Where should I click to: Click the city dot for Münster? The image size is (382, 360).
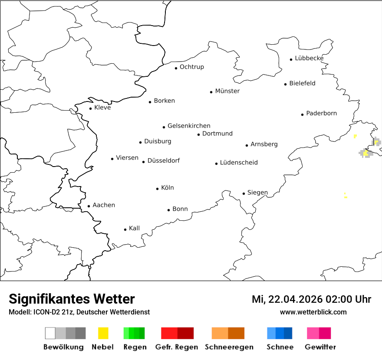coord(211,92)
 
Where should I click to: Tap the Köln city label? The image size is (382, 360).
coord(167,188)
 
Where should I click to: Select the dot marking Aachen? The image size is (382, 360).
coord(89,206)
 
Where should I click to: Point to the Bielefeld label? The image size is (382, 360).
coord(302,83)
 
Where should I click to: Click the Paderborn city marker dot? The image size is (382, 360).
coord(303,115)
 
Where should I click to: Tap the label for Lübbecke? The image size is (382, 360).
coord(309,58)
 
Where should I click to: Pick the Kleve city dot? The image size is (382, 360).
coord(91,108)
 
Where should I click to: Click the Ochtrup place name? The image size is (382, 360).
coord(191,67)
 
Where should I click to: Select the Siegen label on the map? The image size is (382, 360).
coord(257,193)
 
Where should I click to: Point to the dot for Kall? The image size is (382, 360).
coord(125,229)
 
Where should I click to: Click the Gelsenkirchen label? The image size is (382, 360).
coord(189,126)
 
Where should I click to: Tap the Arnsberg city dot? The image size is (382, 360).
coord(247,145)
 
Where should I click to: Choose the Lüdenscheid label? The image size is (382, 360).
coord(239,163)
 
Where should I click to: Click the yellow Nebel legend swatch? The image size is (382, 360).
coord(103,333)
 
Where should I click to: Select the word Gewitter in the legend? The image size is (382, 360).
coord(320,347)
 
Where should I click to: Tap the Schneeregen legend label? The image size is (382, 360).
coord(229,347)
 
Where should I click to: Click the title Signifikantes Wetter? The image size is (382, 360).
coord(72,299)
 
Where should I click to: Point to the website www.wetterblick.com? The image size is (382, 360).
coord(313,312)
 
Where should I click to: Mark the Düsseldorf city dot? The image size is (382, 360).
coord(144,162)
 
